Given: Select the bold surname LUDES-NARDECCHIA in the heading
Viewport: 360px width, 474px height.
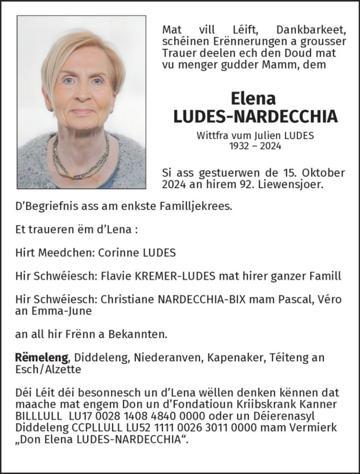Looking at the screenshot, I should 255,116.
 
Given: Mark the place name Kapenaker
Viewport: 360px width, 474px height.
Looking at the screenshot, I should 227,357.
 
